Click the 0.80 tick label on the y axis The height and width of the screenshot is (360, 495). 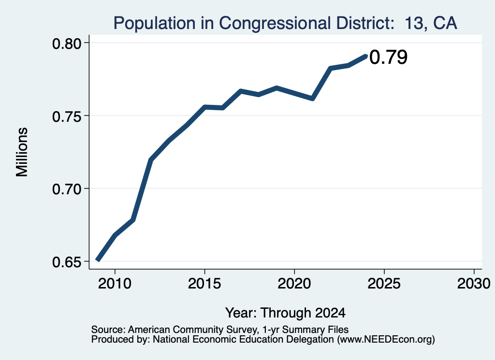tap(67, 43)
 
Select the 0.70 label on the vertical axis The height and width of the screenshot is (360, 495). tap(67, 189)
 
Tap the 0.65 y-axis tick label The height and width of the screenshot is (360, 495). tap(67, 262)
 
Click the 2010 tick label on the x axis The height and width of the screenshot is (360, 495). tap(115, 284)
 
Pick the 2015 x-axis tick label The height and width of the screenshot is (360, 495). tap(204, 284)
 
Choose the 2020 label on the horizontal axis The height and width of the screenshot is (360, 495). tap(294, 284)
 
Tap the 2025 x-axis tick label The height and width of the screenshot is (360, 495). tap(384, 284)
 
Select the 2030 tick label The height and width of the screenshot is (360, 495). tap(474, 284)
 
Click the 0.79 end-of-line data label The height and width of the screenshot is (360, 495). tap(388, 58)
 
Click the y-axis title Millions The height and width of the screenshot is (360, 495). tap(22, 152)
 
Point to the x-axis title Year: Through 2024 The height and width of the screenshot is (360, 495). tap(285, 313)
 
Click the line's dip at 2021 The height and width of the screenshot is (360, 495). tap(313, 99)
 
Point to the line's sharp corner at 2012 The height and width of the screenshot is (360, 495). tap(151, 160)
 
